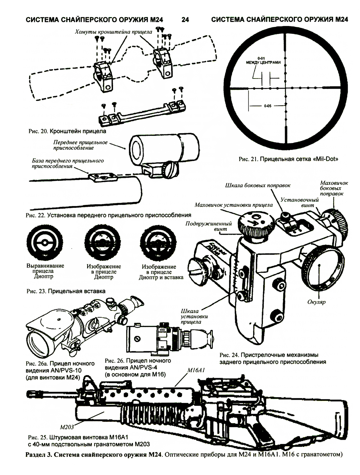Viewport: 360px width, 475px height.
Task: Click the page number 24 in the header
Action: pyautogui.click(x=185, y=20)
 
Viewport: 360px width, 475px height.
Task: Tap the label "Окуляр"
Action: pyautogui.click(x=317, y=302)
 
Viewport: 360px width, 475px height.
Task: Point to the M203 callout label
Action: pyautogui.click(x=67, y=427)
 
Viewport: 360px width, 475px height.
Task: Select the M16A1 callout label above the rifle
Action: pyautogui.click(x=196, y=370)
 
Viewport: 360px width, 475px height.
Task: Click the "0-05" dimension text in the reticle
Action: pyautogui.click(x=267, y=106)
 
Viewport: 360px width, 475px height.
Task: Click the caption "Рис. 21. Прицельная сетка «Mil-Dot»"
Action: pyautogui.click(x=289, y=158)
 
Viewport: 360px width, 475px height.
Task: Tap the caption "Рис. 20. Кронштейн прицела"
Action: pyautogui.click(x=67, y=131)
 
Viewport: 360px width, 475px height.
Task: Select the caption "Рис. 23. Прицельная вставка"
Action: pyautogui.click(x=66, y=291)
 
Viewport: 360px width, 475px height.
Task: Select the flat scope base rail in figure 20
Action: pyautogui.click(x=143, y=114)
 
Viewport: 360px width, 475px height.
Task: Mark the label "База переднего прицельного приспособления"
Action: pyautogui.click(x=68, y=163)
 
